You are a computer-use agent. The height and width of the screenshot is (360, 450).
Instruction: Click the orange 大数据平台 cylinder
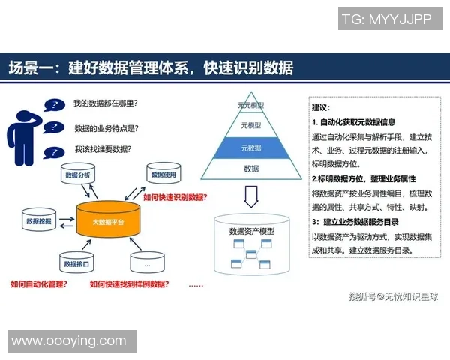pyautogui.click(x=109, y=222)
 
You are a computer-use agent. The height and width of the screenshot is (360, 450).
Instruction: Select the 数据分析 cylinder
pyautogui.click(x=77, y=177)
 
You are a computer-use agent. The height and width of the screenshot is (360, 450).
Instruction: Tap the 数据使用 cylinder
pyautogui.click(x=163, y=177)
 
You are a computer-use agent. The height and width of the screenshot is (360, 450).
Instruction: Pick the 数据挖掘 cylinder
pyautogui.click(x=39, y=222)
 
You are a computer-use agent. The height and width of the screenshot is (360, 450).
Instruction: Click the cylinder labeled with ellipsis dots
pyautogui.click(x=148, y=263)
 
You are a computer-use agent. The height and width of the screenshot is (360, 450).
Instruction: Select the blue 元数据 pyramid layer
pyautogui.click(x=251, y=148)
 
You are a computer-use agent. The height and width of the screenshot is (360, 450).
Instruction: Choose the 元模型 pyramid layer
pyautogui.click(x=251, y=125)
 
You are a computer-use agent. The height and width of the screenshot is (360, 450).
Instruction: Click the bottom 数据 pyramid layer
pyautogui.click(x=251, y=169)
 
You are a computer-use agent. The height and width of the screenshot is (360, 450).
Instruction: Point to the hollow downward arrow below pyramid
pyautogui.click(x=251, y=197)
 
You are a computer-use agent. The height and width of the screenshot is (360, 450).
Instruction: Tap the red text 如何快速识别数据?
pyautogui.click(x=175, y=197)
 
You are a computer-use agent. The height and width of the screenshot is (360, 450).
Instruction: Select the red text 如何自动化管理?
pyautogui.click(x=37, y=284)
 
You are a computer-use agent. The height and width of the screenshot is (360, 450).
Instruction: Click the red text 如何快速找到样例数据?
pyautogui.click(x=128, y=284)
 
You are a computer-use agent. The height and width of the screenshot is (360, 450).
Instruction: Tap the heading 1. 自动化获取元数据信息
pyautogui.click(x=353, y=121)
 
